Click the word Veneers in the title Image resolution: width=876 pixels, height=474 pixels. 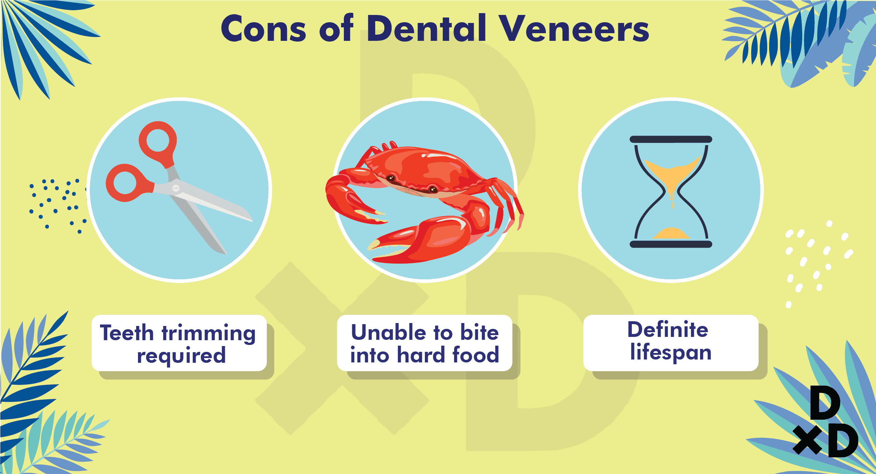coord(574,28)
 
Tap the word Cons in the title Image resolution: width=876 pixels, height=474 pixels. coord(263,28)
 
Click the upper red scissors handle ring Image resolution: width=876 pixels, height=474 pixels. coord(158,143)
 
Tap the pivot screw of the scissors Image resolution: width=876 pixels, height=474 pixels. coord(176,188)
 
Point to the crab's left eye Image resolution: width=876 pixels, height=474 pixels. coord(391,178)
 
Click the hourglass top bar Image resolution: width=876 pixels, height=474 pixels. coord(671,139)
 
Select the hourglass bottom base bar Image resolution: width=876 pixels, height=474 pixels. coord(671,244)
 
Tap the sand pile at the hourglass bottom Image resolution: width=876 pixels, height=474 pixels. coord(671,233)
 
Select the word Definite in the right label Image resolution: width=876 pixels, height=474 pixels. coord(668,330)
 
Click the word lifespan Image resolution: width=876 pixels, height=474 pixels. coord(671,352)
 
